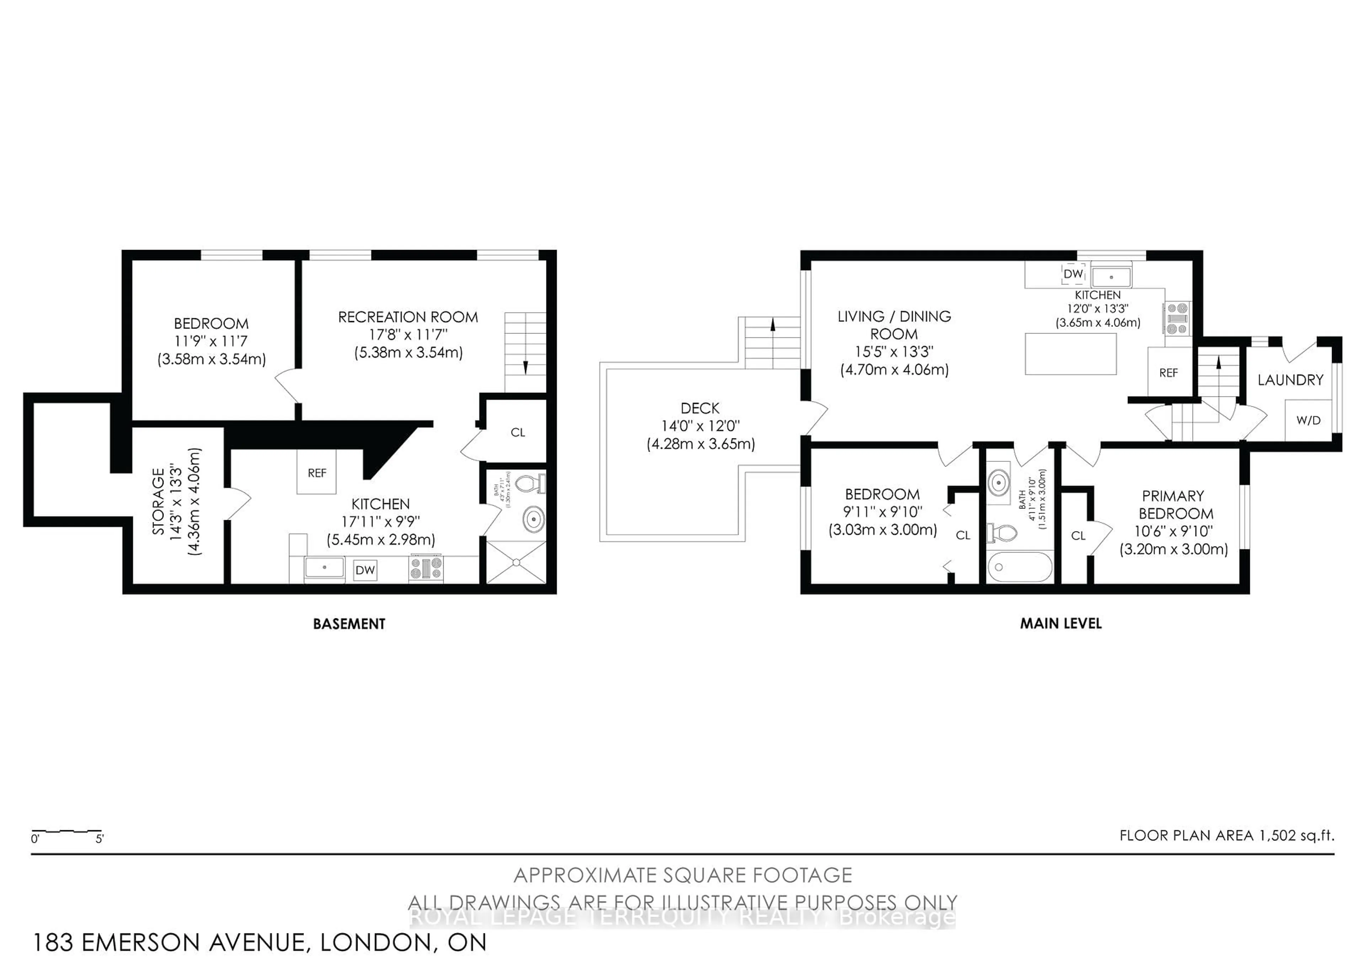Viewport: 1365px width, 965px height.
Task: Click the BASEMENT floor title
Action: (x=349, y=624)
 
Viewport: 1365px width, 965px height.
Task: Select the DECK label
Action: (x=700, y=409)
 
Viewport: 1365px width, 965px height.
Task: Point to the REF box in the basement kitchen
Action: (x=316, y=472)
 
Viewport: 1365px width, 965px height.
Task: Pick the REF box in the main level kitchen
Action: (x=1168, y=372)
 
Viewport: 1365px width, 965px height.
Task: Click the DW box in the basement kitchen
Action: (x=365, y=570)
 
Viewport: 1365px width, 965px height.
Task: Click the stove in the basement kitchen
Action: (x=425, y=568)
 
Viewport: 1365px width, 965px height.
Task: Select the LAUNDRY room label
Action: (x=1290, y=380)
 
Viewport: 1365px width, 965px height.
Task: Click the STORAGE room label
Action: (x=158, y=501)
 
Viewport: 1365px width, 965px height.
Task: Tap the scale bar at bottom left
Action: (x=66, y=831)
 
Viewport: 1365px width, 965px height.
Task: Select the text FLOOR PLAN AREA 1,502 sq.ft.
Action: (x=1226, y=835)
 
